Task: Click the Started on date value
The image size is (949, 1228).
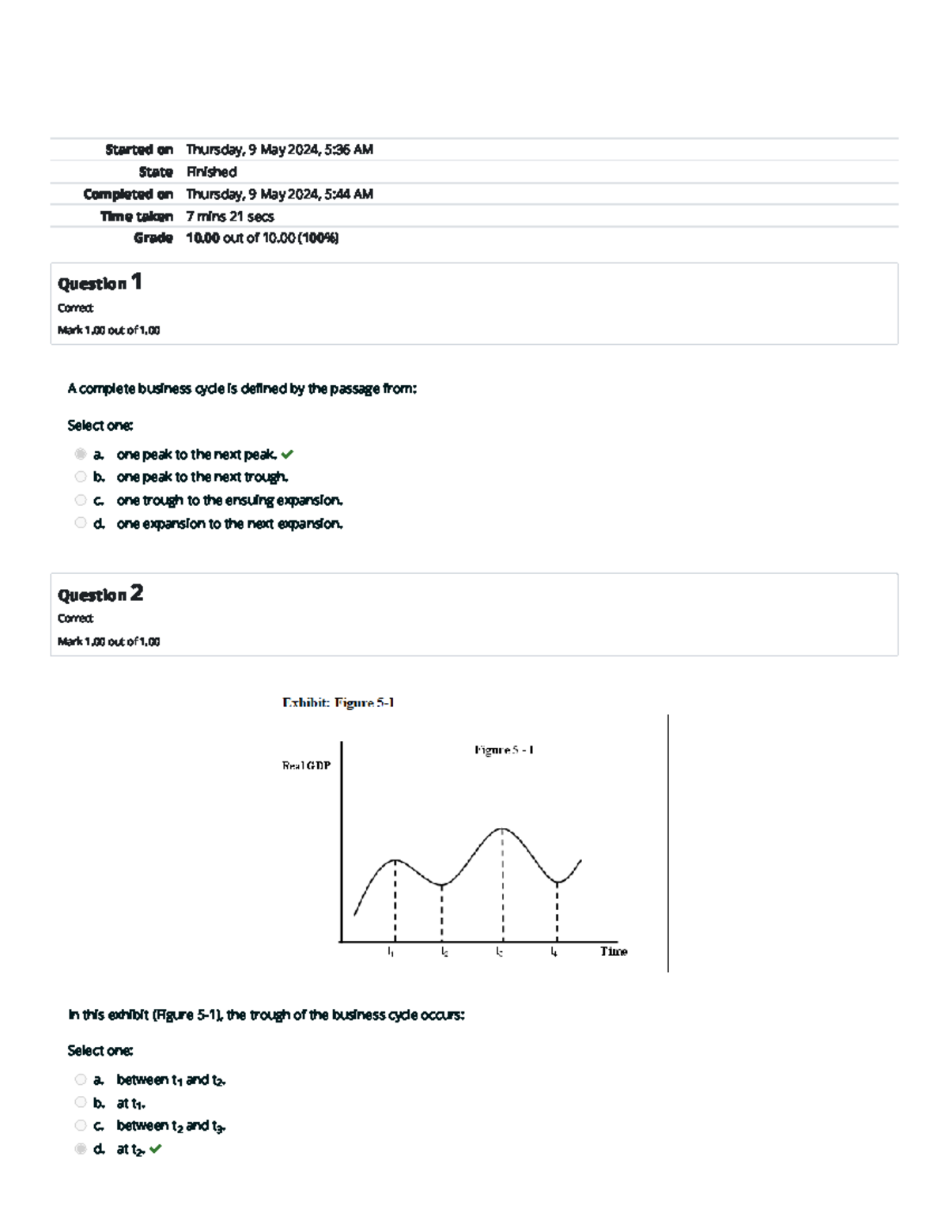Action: click(279, 149)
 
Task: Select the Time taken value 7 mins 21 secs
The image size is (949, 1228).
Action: click(229, 216)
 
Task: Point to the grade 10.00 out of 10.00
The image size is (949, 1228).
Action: click(262, 238)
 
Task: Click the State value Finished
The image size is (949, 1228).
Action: click(211, 172)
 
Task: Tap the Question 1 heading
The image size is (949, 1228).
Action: click(100, 282)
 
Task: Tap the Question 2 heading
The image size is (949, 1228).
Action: click(100, 594)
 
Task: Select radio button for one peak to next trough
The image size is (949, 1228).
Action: click(81, 477)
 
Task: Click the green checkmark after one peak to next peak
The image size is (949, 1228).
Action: click(287, 455)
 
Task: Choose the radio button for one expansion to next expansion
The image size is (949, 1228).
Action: click(81, 523)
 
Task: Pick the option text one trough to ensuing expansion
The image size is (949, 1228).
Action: click(229, 501)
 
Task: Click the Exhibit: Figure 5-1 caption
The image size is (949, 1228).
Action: click(338, 702)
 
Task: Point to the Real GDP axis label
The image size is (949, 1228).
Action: click(306, 765)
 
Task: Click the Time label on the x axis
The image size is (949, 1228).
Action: click(613, 951)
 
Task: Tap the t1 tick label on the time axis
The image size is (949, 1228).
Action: click(391, 952)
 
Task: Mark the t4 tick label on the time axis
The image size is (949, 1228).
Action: click(554, 952)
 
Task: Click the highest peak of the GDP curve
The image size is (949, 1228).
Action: click(502, 829)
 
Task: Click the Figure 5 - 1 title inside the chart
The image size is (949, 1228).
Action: click(504, 750)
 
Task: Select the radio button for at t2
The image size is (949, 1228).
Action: click(81, 1149)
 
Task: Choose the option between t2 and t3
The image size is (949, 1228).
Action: click(171, 1126)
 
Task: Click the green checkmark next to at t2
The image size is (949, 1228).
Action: click(155, 1149)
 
